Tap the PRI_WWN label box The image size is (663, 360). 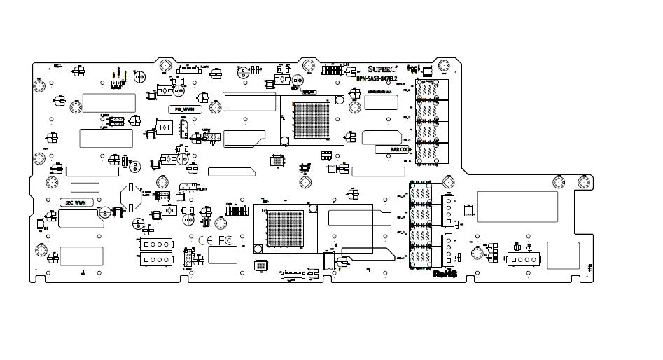click(185, 109)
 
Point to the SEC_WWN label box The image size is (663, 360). click(75, 202)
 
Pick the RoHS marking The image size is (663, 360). click(445, 274)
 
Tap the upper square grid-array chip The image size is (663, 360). click(311, 118)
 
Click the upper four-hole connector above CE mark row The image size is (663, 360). click(155, 244)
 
